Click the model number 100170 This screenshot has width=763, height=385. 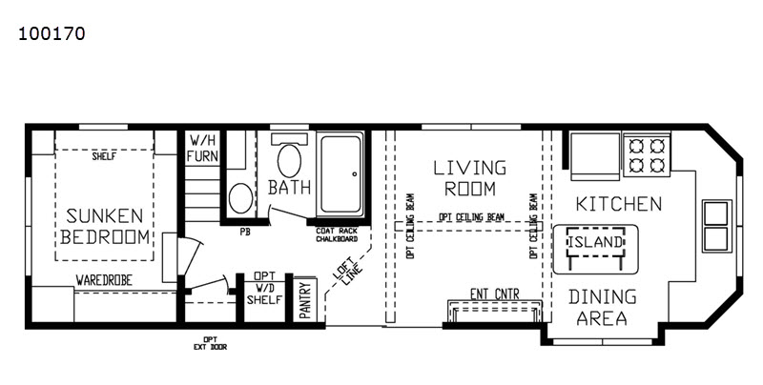52,33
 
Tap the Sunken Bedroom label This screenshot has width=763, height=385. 105,226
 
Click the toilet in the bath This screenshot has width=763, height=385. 289,156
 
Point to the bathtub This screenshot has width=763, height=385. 341,174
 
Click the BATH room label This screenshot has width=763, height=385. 289,187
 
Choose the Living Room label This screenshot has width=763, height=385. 470,178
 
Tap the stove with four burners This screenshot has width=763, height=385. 647,155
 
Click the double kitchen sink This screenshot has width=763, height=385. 716,226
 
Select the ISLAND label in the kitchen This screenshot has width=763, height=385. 595,242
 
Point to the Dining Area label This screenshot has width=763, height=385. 602,307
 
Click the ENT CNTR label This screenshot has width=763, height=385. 494,294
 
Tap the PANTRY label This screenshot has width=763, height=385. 305,300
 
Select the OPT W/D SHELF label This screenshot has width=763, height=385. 264,288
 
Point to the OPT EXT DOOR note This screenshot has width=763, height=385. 210,343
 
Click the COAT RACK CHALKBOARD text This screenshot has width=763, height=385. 337,235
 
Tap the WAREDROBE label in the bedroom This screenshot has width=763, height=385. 104,280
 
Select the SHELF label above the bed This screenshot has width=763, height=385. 104,156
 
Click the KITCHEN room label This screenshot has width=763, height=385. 619,204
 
